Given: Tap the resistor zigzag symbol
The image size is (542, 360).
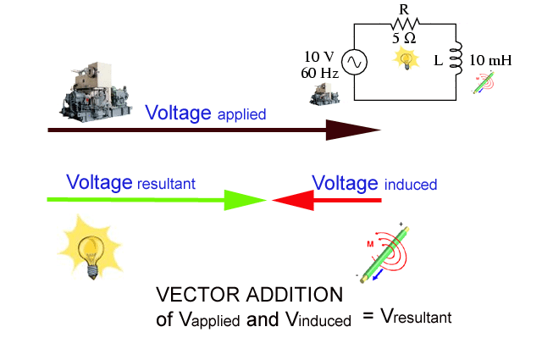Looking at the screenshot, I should pyautogui.click(x=405, y=25).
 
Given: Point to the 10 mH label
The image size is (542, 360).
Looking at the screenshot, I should pyautogui.click(x=491, y=61).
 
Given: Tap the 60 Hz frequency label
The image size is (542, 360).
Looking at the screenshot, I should pyautogui.click(x=319, y=72).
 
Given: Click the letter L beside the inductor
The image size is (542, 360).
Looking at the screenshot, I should pyautogui.click(x=436, y=62).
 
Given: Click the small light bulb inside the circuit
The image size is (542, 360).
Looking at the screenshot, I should pyautogui.click(x=406, y=58).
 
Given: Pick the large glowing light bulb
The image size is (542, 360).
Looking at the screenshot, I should pyautogui.click(x=86, y=246).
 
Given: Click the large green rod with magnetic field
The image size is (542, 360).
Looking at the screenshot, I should pyautogui.click(x=385, y=254).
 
